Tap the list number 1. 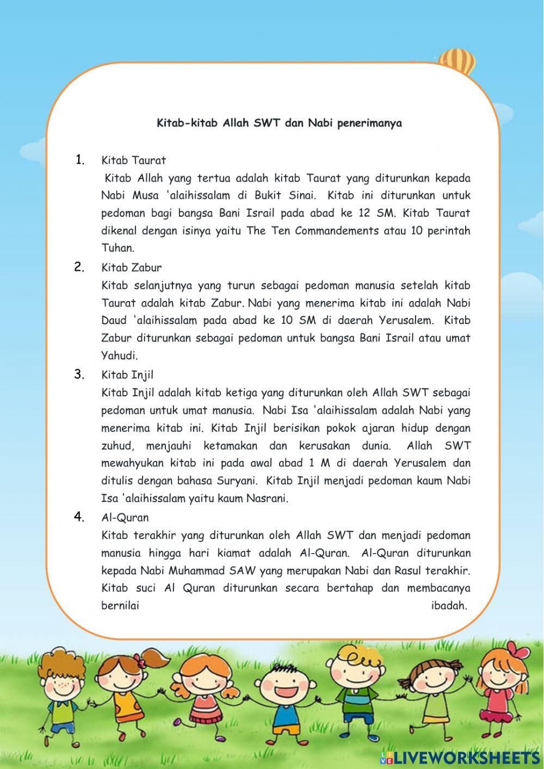tap(81, 159)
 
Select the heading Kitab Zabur tap(131, 267)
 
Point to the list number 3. tap(80, 374)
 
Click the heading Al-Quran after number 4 tap(125, 517)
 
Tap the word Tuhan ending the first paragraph tap(117, 248)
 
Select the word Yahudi tap(119, 355)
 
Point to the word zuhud tap(117, 446)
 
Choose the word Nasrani tap(268, 499)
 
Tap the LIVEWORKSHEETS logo tap(460, 757)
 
